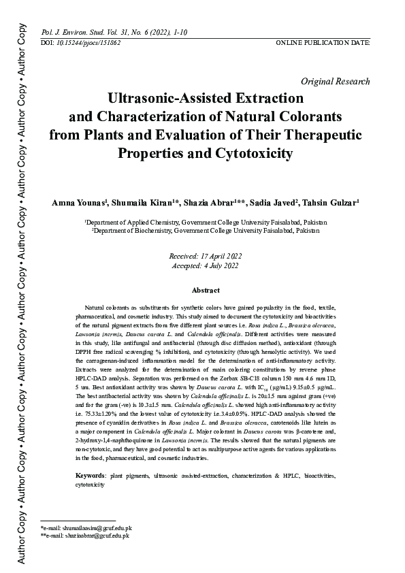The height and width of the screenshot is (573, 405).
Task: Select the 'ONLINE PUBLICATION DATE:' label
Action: [323, 42]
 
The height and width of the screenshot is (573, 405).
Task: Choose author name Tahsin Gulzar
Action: [334, 203]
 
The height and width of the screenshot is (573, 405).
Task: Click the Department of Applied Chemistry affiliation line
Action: [206, 223]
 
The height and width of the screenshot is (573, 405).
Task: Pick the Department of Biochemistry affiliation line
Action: [206, 231]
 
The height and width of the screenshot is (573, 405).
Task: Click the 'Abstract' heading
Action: [206, 291]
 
